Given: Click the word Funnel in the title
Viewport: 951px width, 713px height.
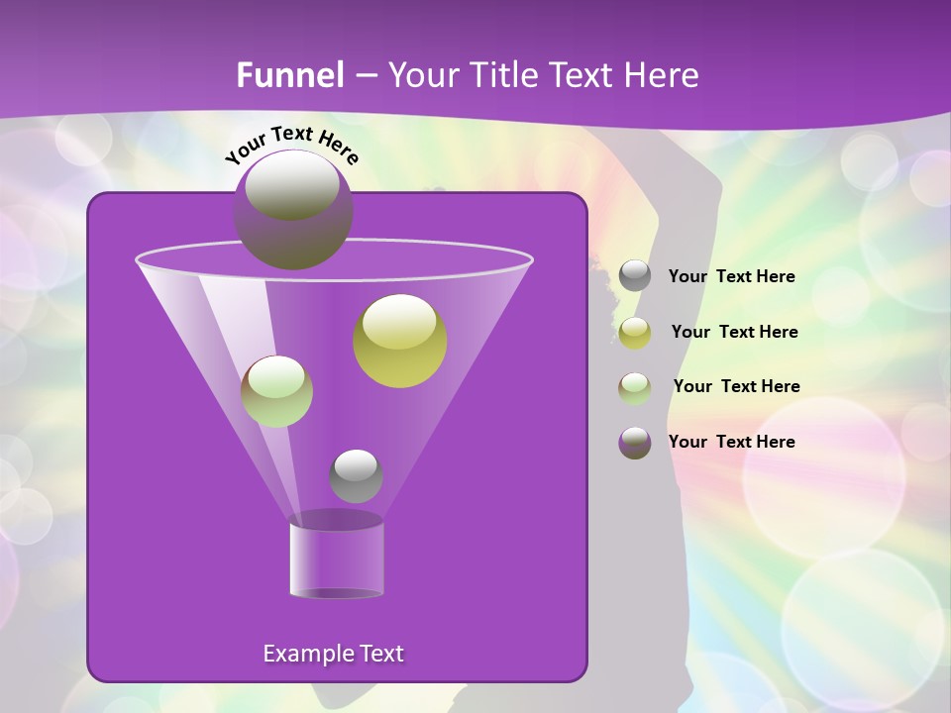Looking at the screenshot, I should pyautogui.click(x=290, y=75).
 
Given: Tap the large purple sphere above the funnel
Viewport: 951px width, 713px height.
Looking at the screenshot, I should pyautogui.click(x=292, y=210).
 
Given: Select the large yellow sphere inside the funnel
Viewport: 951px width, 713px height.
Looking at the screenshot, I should pyautogui.click(x=399, y=341).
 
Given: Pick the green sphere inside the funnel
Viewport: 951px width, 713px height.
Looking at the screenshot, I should pyautogui.click(x=276, y=391).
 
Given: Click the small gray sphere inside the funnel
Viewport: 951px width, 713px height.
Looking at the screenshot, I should pyautogui.click(x=356, y=476).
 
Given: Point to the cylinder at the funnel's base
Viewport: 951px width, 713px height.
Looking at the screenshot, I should pyautogui.click(x=336, y=557).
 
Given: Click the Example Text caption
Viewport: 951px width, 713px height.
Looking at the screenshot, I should pyautogui.click(x=333, y=654).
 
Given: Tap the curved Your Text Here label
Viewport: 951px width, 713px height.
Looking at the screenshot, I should pyautogui.click(x=292, y=144).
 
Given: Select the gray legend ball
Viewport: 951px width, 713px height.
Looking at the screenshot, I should pyautogui.click(x=635, y=276).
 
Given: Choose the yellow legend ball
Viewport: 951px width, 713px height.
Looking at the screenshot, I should pyautogui.click(x=635, y=333).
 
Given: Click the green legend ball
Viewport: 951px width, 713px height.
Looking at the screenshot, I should pyautogui.click(x=635, y=388).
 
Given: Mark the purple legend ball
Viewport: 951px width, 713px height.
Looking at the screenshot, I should pyautogui.click(x=635, y=443).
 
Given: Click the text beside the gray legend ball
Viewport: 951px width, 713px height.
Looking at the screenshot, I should pyautogui.click(x=731, y=277).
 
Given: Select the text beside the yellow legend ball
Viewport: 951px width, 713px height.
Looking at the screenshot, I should pyautogui.click(x=734, y=333).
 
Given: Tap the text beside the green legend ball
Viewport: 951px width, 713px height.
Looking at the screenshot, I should pyautogui.click(x=736, y=387).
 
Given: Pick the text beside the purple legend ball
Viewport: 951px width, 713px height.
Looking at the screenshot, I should pyautogui.click(x=731, y=443).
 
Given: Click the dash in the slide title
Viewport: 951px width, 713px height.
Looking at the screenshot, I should pyautogui.click(x=365, y=76).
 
